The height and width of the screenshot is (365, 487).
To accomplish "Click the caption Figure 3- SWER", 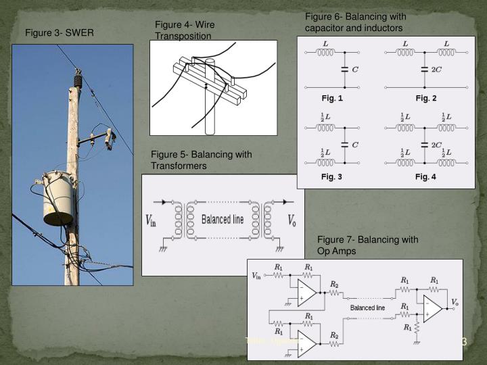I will (60, 33).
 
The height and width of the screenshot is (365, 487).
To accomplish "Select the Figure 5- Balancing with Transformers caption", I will (201, 160).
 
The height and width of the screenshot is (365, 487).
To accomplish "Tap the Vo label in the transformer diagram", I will (292, 220).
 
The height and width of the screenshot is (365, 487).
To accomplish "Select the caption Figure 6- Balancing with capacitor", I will (354, 22).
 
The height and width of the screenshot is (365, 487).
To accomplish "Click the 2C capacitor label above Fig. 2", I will (437, 70).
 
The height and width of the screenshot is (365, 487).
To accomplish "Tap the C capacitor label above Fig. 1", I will (354, 70).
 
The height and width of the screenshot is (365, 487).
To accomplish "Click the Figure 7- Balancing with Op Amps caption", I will (367, 245).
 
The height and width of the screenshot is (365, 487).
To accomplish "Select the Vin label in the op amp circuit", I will (257, 275).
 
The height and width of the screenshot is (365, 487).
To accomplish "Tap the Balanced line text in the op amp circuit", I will (367, 308).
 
